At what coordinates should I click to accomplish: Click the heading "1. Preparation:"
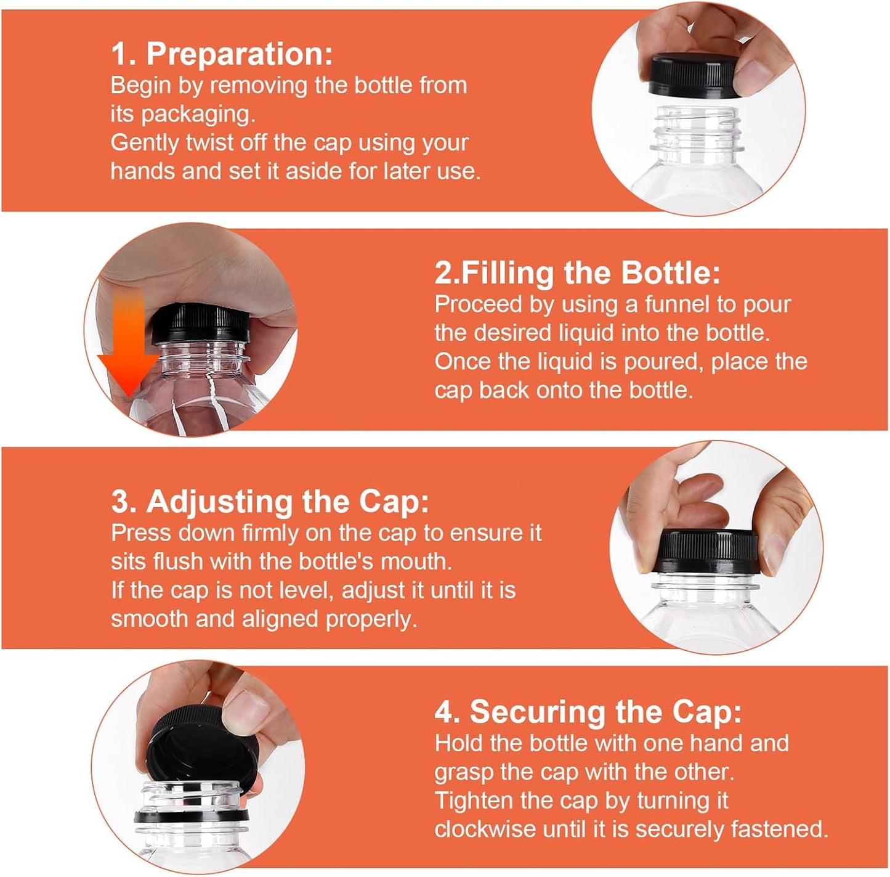point(222,54)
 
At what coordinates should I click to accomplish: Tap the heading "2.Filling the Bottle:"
point(577,272)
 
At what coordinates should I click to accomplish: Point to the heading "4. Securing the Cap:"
point(588,712)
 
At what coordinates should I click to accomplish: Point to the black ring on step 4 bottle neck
point(191,817)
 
